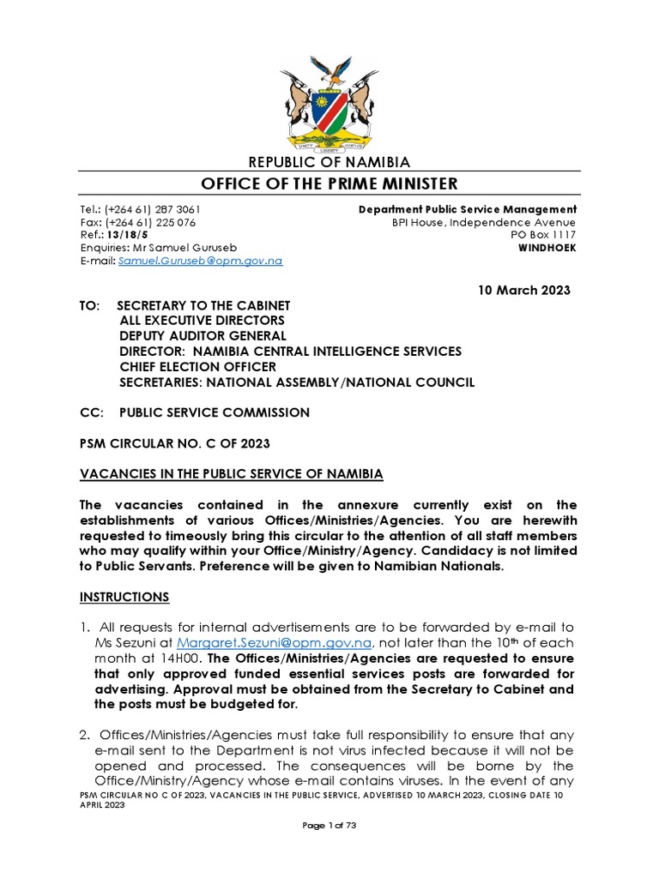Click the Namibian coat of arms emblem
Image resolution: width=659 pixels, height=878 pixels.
(x=329, y=99)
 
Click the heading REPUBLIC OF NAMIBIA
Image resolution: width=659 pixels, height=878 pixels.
(x=329, y=162)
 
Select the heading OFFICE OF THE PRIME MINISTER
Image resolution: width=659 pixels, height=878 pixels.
(x=329, y=183)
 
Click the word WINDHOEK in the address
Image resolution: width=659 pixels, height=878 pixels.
(x=546, y=248)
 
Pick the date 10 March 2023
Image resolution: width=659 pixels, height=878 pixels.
(x=523, y=290)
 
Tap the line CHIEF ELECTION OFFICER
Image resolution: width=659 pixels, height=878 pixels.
(x=198, y=367)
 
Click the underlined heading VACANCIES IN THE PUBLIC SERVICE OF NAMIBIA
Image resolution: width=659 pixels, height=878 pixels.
(x=231, y=474)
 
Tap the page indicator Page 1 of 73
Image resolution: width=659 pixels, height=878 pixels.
(x=329, y=848)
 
